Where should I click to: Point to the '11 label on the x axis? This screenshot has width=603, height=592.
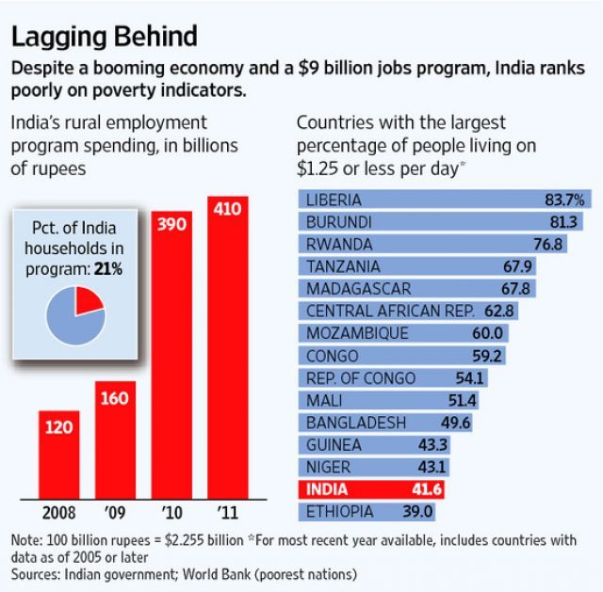pyautogui.click(x=227, y=513)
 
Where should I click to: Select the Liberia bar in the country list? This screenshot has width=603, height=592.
pyautogui.click(x=443, y=200)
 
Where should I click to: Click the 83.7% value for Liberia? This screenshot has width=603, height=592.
pyautogui.click(x=564, y=200)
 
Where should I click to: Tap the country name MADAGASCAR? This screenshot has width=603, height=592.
pyautogui.click(x=358, y=289)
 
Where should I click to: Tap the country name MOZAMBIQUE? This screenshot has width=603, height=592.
pyautogui.click(x=357, y=334)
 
